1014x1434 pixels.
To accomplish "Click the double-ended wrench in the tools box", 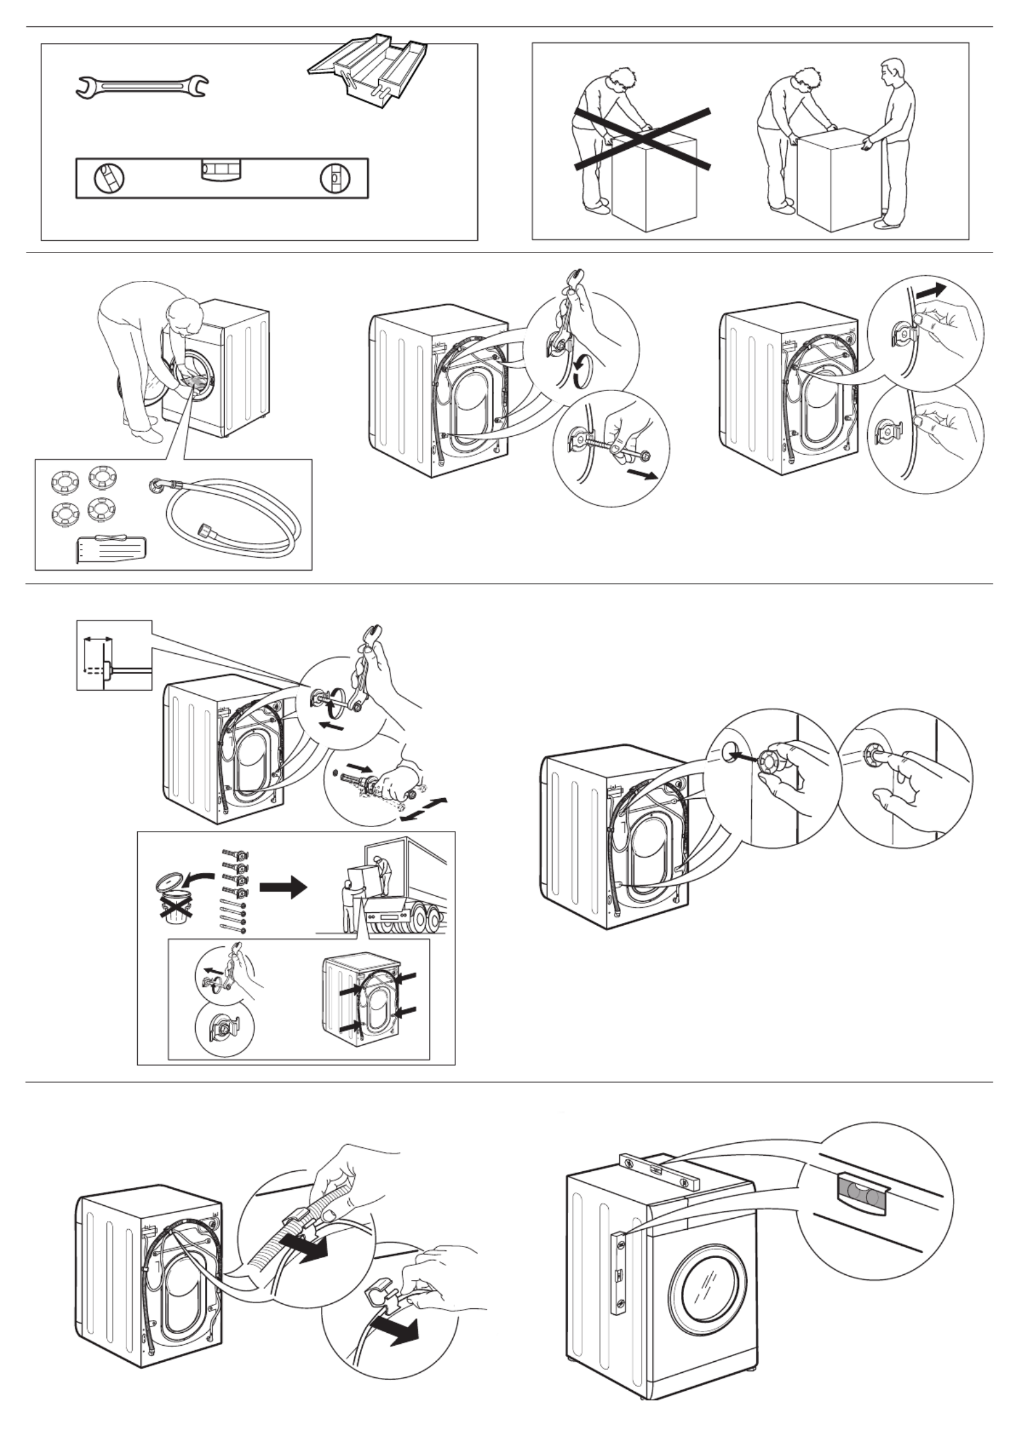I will [x=142, y=87].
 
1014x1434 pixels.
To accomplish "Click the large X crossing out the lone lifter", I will [x=642, y=140].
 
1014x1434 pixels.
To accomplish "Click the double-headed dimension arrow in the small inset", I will [x=98, y=640].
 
